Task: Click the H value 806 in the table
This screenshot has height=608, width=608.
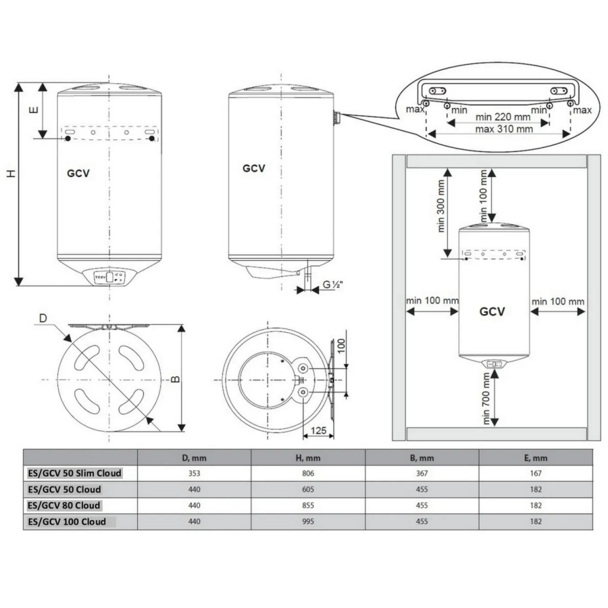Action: [308, 473]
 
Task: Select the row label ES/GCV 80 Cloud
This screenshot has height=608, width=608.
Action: [64, 505]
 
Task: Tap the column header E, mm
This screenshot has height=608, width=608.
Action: [536, 458]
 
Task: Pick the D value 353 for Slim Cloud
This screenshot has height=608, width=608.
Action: [195, 473]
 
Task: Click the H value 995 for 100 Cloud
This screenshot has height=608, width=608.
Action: [308, 522]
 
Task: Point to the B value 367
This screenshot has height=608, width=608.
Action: [422, 473]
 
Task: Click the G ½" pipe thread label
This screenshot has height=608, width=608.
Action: [332, 284]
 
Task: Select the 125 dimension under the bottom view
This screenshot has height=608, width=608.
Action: [318, 430]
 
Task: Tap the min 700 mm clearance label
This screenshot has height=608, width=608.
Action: [486, 398]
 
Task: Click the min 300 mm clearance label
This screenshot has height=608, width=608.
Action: [441, 206]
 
